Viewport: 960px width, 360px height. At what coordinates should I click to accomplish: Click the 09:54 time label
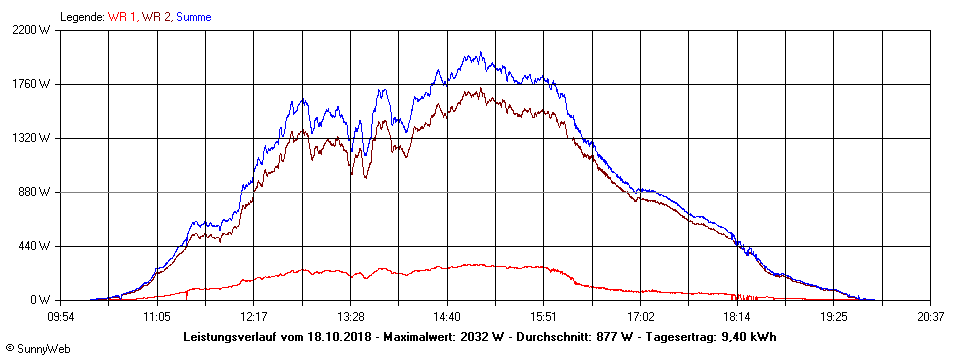[60, 316]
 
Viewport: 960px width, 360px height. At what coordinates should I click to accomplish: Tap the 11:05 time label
[156, 316]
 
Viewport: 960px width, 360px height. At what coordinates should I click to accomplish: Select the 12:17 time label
[253, 316]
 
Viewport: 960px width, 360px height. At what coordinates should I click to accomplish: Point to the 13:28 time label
[350, 316]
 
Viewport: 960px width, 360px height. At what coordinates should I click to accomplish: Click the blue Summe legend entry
[193, 17]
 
